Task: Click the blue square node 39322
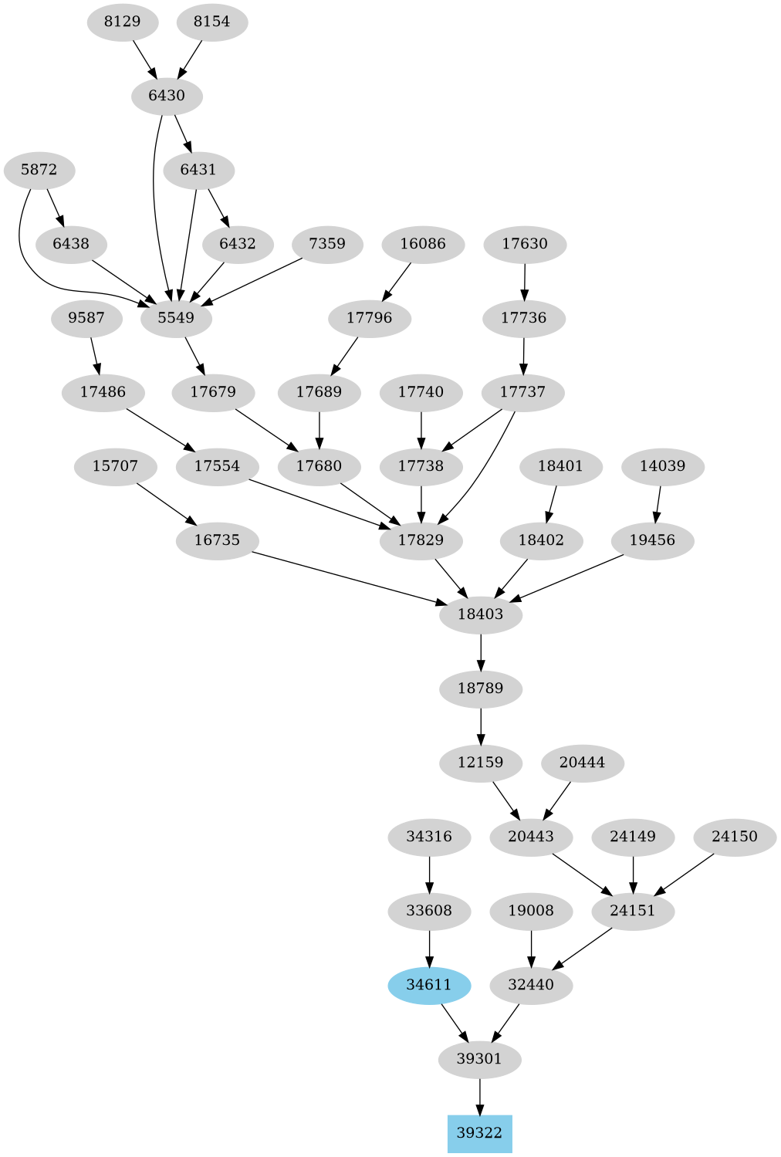point(479,1133)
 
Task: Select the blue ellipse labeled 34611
point(429,985)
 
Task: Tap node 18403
point(480,614)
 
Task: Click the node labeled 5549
point(176,318)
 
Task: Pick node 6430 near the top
point(167,96)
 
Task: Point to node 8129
point(122,22)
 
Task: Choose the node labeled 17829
point(421,540)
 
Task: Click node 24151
point(633,911)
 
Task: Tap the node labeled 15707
point(115,466)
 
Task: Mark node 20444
point(582,763)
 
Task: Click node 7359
point(327,244)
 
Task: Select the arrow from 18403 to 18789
point(481,651)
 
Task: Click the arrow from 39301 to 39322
point(480,1096)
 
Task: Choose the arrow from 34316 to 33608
point(429,874)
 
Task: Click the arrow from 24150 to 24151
point(684,874)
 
